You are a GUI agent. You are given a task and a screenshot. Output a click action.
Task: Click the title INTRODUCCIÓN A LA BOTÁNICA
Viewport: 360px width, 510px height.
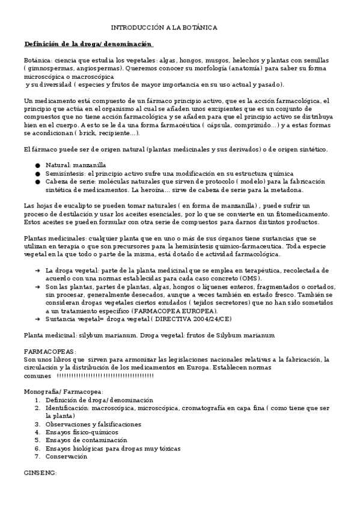tap(164, 28)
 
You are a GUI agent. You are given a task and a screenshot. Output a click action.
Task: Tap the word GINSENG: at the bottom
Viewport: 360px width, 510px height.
tap(39, 473)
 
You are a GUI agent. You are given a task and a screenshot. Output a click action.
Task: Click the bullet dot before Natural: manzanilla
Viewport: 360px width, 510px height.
tap(37, 164)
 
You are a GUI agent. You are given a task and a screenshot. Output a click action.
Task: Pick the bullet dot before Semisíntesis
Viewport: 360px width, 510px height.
tap(37, 173)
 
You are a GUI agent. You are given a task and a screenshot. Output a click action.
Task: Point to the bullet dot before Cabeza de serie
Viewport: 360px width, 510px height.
tap(37, 181)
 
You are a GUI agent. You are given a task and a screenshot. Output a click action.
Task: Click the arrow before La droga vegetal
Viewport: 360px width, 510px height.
tap(37, 270)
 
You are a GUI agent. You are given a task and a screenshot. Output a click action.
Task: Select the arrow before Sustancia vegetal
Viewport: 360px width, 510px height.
tap(37, 320)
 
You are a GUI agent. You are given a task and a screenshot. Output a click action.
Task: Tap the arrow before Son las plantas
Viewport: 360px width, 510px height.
tap(37, 287)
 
